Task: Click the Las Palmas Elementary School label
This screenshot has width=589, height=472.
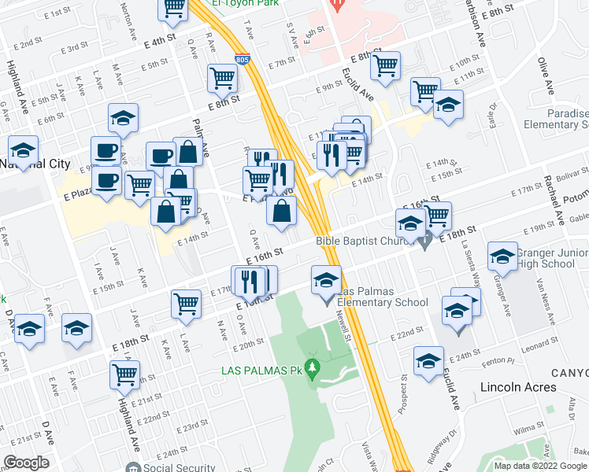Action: (383, 297)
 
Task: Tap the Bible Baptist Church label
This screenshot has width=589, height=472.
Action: (365, 242)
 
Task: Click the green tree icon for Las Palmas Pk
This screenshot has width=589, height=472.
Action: (313, 367)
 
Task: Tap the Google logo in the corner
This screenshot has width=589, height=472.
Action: (26, 463)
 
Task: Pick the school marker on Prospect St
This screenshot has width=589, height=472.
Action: (428, 360)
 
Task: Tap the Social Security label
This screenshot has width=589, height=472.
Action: (180, 466)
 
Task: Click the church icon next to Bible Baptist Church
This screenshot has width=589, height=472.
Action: (425, 243)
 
